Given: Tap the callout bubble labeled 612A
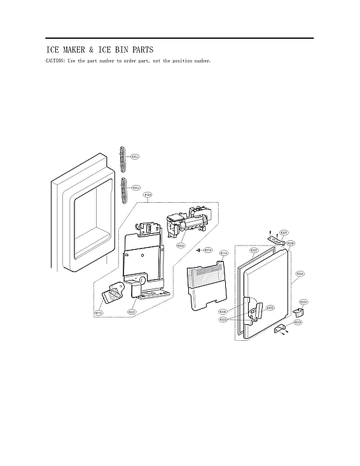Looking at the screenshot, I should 148,195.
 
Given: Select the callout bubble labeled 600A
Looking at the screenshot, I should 181,245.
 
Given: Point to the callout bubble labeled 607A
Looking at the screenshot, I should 207,250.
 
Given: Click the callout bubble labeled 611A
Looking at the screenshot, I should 223,253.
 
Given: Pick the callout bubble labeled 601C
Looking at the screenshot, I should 99,312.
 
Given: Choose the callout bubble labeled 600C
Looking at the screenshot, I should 132,312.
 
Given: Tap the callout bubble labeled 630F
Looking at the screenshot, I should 284,232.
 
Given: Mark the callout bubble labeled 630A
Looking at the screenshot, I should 300,273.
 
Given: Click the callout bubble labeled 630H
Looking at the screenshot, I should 303,301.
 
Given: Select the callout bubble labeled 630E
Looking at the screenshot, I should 223,312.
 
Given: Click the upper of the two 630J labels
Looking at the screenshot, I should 135,156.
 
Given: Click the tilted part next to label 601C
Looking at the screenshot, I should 113,294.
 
